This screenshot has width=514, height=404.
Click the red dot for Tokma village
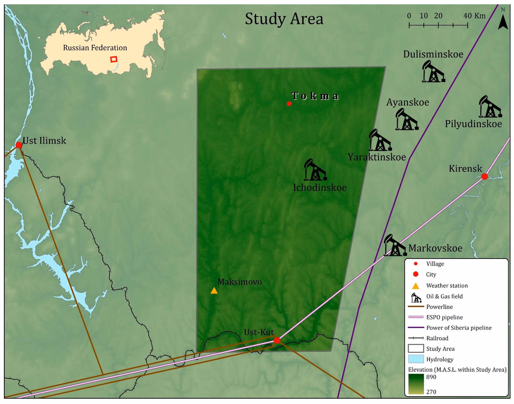[289, 104]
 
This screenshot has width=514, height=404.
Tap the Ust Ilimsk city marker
[19, 145]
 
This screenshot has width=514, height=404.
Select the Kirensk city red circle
[485, 176]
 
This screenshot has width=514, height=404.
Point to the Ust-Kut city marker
[277, 340]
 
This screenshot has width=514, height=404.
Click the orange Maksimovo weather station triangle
[214, 291]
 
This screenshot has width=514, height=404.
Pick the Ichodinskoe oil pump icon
[315, 170]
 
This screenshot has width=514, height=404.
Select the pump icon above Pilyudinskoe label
[490, 107]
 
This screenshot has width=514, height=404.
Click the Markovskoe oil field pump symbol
[395, 245]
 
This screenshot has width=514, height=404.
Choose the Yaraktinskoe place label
[377, 157]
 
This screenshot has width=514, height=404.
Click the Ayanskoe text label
[407, 102]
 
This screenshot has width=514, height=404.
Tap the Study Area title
[284, 19]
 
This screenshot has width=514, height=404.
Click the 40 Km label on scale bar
[474, 16]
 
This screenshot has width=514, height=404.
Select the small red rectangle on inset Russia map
[114, 59]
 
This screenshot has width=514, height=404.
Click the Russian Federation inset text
[95, 48]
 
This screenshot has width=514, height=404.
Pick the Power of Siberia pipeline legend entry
[459, 328]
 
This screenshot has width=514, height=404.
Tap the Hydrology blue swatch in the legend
[416, 359]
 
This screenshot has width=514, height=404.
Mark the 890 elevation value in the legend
[431, 377]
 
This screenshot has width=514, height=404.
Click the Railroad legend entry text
[437, 338]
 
